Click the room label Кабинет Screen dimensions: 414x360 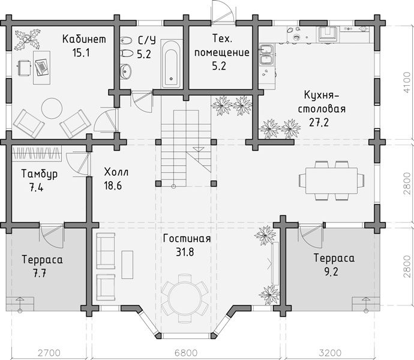click(x=84, y=39)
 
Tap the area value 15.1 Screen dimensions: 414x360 click(x=82, y=53)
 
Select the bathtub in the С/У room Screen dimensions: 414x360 click(x=171, y=64)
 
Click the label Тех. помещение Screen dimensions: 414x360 click(x=222, y=46)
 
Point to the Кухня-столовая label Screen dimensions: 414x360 click(x=322, y=101)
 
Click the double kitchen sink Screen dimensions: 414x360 click(x=267, y=55)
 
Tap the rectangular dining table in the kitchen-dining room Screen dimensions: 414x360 click(x=331, y=181)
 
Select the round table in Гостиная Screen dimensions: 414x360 click(x=185, y=298)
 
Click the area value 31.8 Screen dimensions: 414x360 click(x=185, y=252)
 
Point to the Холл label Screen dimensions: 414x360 click(x=116, y=172)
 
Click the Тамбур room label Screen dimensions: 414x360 click(x=40, y=174)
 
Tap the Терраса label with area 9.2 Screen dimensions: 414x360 click(x=334, y=258)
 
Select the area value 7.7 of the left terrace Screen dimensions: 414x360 click(x=40, y=273)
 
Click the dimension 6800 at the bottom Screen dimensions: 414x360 click(x=186, y=353)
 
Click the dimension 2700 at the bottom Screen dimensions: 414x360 click(x=49, y=353)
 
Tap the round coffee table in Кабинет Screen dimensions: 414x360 click(x=52, y=108)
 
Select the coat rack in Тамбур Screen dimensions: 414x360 click(x=37, y=153)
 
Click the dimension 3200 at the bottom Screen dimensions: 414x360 click(x=331, y=353)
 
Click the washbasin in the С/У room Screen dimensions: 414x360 click(x=125, y=71)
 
